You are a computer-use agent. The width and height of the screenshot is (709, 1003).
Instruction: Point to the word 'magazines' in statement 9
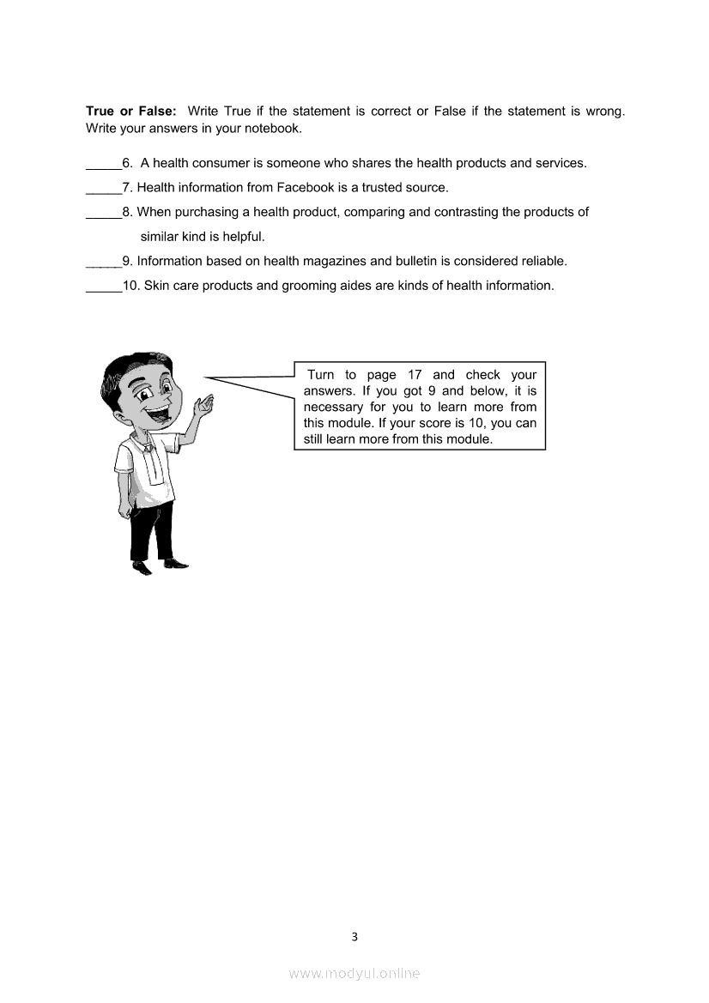[339, 261]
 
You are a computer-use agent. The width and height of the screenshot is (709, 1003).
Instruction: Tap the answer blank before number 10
[103, 287]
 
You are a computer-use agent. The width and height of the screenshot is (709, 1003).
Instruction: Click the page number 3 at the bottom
[354, 936]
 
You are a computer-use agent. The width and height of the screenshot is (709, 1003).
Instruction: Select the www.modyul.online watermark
[354, 973]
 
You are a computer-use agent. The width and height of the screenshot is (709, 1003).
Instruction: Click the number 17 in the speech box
[415, 375]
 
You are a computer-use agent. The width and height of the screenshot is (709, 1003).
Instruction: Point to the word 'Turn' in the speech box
[320, 375]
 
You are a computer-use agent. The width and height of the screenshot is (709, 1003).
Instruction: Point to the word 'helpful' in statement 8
[242, 237]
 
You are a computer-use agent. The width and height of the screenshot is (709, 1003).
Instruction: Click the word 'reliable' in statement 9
[542, 261]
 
